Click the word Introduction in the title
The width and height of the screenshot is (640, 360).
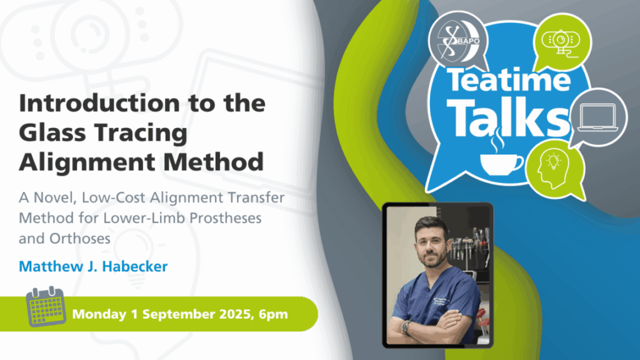coord(99,102)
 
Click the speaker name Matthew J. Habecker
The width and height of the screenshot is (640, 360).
coord(93,266)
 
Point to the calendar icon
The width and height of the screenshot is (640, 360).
coord(46,306)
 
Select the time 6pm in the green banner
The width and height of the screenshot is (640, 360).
coord(273,315)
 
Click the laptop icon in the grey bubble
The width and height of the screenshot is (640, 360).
coord(597,117)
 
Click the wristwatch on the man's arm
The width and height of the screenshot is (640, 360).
coord(405,326)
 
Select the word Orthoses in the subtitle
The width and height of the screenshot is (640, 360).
coord(80,238)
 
